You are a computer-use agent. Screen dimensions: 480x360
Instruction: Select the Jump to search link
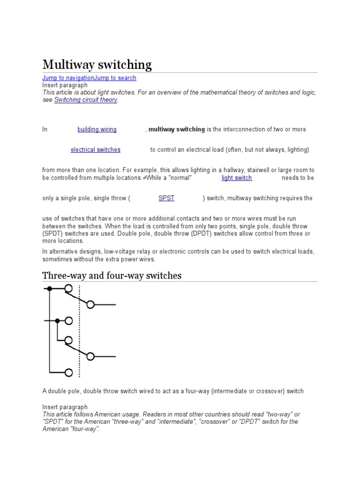pos(115,78)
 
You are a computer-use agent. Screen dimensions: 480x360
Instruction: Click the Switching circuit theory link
pos(86,100)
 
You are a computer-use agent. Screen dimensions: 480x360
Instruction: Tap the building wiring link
pos(97,129)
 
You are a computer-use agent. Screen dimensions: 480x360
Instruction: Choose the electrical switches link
pos(96,150)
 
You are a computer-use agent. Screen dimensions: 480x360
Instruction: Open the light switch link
pos(237,178)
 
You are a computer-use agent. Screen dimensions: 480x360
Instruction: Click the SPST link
pos(166,198)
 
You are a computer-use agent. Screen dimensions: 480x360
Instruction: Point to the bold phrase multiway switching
pos(177,129)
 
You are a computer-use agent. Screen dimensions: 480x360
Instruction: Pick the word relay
pos(152,252)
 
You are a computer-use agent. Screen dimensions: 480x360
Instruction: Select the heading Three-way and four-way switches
pos(112,276)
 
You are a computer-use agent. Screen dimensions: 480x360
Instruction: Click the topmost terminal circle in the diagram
pos(68,288)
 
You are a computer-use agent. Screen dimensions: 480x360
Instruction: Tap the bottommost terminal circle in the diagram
pos(68,373)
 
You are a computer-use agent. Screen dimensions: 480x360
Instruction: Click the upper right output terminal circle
pos(90,305)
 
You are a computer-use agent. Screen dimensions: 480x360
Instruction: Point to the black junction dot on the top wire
pos(49,288)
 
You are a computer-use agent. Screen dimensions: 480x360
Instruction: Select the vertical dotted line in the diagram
pos(79,330)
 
